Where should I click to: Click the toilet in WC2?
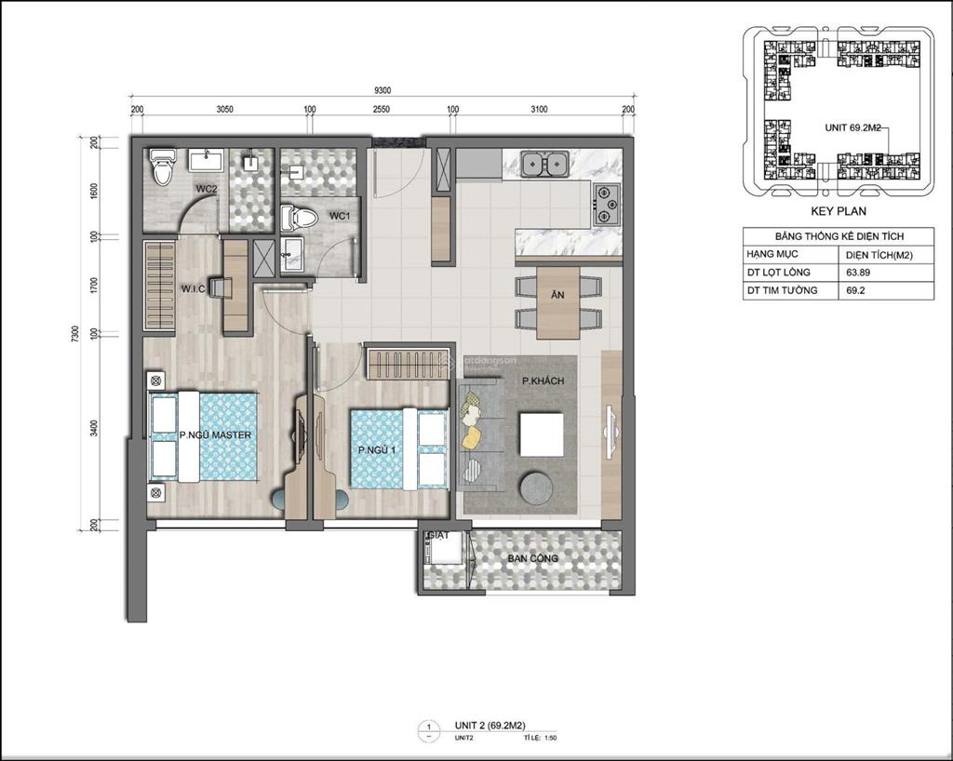(x=164, y=167)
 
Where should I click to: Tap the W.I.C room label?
(x=193, y=288)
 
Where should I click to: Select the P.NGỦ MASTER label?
(x=215, y=434)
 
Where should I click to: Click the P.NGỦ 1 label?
(x=378, y=450)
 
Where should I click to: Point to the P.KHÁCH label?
(x=543, y=381)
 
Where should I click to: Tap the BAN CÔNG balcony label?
(x=532, y=558)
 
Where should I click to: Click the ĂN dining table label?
(x=557, y=294)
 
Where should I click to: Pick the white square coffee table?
(x=541, y=434)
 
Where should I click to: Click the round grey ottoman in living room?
(x=536, y=487)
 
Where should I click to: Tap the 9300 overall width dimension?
(x=382, y=90)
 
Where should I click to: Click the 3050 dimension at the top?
(x=224, y=109)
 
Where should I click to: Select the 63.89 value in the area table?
(x=859, y=272)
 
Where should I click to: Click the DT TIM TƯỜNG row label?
(x=782, y=290)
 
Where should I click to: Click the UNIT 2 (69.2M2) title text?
(x=489, y=725)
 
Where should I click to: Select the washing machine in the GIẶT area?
(x=440, y=556)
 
